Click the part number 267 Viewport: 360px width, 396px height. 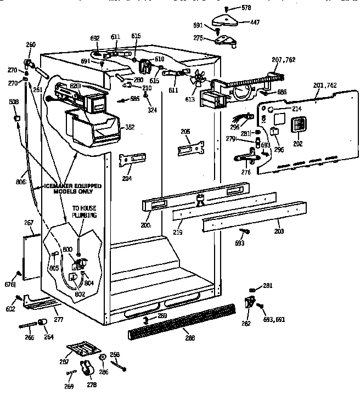point(29,223)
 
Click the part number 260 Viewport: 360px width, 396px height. point(31,44)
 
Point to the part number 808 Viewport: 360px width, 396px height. point(14,102)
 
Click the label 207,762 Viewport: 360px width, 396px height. point(284,59)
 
